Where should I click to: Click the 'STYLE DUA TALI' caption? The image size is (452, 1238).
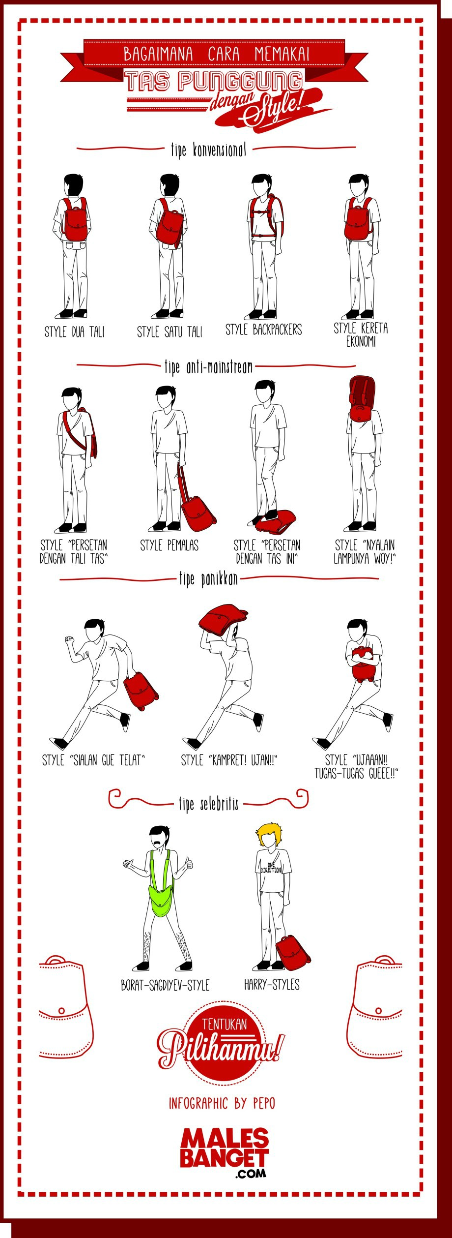click(75, 332)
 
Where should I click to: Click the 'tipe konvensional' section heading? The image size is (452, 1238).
click(208, 150)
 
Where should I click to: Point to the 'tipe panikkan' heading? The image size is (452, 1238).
click(208, 579)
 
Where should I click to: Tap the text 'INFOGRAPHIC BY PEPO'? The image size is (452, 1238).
click(222, 1103)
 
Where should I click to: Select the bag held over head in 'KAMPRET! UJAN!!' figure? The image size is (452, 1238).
click(223, 621)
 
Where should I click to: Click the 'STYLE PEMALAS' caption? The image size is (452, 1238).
click(169, 545)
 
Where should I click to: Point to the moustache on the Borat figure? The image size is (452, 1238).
click(158, 843)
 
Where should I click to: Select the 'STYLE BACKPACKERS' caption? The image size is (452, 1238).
click(263, 330)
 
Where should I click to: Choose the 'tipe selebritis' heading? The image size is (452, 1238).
click(208, 804)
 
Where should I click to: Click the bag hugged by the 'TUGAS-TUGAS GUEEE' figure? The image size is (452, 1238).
click(363, 665)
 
